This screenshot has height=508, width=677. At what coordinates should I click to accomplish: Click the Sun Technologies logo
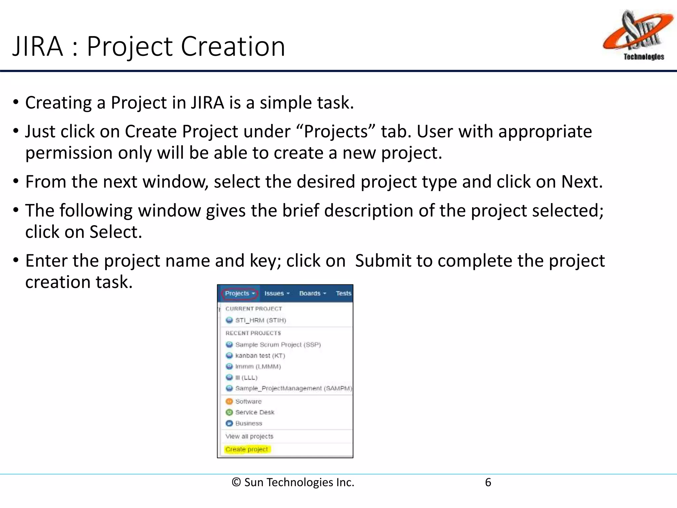[637, 35]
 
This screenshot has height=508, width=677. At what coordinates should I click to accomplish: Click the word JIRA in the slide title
[38, 46]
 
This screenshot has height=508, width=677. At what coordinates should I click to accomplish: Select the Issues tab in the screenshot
[277, 293]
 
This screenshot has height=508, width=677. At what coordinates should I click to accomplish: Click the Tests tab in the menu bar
[343, 293]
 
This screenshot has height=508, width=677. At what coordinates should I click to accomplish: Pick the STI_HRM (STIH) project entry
[260, 320]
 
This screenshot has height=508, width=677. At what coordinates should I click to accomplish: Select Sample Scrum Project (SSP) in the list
[278, 345]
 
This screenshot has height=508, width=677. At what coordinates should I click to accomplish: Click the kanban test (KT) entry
[260, 356]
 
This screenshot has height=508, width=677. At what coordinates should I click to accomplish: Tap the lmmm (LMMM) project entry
[258, 366]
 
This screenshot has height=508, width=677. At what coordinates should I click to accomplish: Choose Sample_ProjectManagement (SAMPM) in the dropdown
[293, 388]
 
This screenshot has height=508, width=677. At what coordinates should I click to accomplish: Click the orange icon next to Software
[229, 402]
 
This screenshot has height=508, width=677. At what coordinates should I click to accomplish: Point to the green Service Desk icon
[229, 412]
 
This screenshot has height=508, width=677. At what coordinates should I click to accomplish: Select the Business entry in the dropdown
[249, 423]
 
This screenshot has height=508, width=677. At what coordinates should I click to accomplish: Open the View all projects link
[249, 436]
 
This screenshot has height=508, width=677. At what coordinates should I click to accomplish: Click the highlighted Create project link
[247, 449]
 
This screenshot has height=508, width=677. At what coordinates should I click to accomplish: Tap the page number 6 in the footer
[488, 483]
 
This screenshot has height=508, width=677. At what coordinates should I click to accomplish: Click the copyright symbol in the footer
[236, 483]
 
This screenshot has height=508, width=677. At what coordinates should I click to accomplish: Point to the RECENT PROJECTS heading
[253, 333]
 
